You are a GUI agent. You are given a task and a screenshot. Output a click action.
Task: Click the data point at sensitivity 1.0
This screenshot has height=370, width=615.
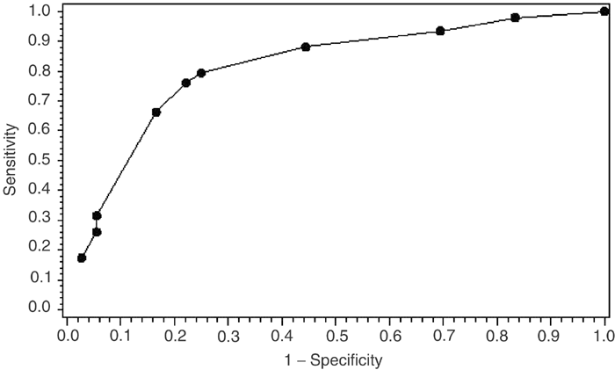click(x=604, y=11)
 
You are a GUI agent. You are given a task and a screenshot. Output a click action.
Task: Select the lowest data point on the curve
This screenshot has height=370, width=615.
click(x=82, y=258)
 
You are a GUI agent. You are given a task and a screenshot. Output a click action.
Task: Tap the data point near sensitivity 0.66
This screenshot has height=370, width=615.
click(x=156, y=112)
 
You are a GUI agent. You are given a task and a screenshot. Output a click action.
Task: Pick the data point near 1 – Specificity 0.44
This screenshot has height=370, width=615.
click(x=306, y=47)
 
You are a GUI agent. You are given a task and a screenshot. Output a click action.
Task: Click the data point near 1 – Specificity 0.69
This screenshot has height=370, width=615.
click(x=440, y=31)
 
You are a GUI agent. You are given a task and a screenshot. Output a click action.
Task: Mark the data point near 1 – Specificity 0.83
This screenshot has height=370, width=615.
click(x=516, y=18)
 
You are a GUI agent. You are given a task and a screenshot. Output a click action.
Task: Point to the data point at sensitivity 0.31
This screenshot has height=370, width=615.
click(x=97, y=215)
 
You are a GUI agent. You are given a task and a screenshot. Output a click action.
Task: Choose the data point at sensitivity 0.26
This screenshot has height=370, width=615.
click(x=97, y=232)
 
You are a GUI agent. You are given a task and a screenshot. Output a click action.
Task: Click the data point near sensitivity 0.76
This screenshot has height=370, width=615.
click(x=186, y=83)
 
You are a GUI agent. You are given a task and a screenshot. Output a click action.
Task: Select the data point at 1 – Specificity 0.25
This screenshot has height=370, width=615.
click(x=201, y=73)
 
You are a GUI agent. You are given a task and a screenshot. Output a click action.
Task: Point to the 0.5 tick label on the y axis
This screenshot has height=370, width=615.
click(x=39, y=159)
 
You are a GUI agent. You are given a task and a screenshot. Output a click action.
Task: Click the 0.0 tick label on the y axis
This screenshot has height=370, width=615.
click(x=39, y=308)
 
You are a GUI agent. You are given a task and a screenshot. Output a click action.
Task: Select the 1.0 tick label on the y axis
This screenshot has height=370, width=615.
click(x=39, y=11)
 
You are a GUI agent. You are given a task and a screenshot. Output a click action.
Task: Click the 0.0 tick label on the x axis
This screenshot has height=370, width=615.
click(x=67, y=336)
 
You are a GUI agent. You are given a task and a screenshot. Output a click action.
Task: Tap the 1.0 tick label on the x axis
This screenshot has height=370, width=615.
click(x=604, y=336)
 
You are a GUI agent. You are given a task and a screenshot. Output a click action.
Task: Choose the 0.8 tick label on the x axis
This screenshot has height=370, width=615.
click(x=496, y=336)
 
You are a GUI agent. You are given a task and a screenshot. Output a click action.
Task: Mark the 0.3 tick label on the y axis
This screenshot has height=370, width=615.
click(x=39, y=219)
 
